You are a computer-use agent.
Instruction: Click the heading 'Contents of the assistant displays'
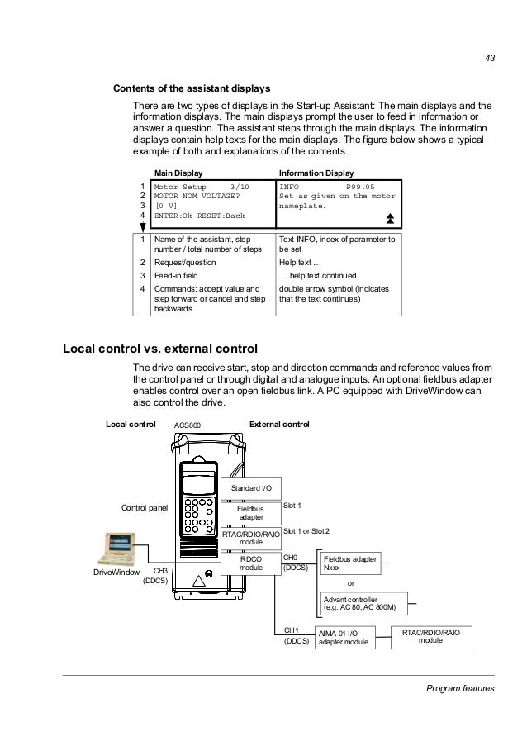[192, 88]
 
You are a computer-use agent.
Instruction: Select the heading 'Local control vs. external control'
[160, 348]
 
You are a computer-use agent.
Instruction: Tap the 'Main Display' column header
[178, 173]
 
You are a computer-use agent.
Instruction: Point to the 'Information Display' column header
[316, 173]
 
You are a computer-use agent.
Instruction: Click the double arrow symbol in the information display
[389, 217]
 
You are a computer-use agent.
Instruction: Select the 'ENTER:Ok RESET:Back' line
[200, 216]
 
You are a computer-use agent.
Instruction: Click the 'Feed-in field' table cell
[177, 275]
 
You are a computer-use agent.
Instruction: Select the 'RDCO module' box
[250, 564]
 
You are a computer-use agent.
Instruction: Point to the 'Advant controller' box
[364, 603]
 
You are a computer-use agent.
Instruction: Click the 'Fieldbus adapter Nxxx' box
[350, 563]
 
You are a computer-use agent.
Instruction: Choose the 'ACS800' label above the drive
[187, 425]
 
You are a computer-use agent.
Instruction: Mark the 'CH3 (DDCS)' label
[157, 576]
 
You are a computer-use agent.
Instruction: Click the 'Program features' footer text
[460, 688]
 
